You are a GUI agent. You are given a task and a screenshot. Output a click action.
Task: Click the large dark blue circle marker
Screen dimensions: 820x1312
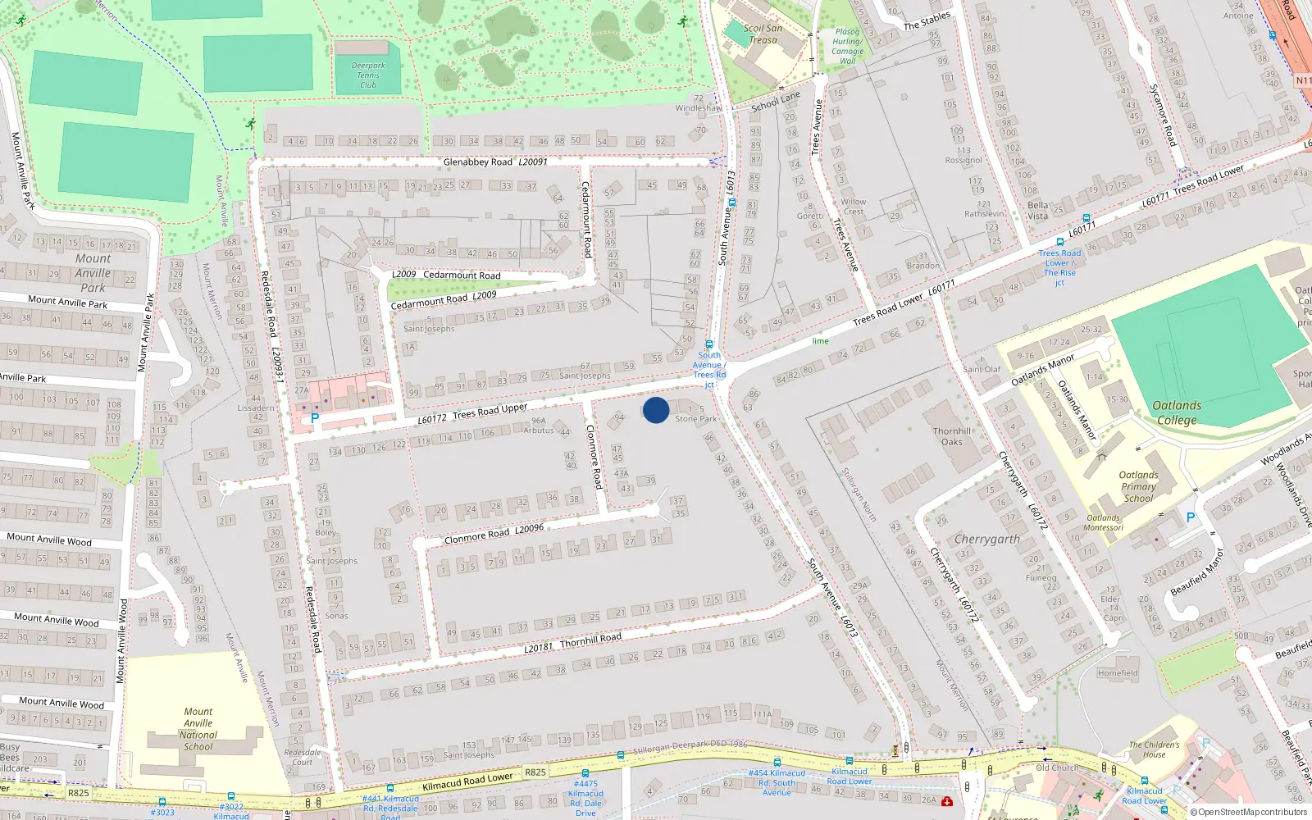pyautogui.click(x=656, y=410)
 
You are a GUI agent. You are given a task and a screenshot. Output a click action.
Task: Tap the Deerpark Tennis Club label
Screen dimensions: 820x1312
pyautogui.click(x=368, y=75)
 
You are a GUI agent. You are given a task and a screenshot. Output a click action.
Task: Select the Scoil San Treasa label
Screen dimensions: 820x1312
pyautogui.click(x=763, y=34)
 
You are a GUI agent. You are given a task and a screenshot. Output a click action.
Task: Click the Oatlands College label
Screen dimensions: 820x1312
pyautogui.click(x=1177, y=412)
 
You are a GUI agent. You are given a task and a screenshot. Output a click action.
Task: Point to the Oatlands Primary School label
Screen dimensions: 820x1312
pyautogui.click(x=1138, y=486)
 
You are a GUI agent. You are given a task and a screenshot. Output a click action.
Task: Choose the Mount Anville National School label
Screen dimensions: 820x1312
pyautogui.click(x=198, y=729)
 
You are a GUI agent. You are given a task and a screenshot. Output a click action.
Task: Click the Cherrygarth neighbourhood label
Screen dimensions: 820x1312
pyautogui.click(x=987, y=540)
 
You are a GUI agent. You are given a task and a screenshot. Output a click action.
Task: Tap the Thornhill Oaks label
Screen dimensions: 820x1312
pyautogui.click(x=951, y=436)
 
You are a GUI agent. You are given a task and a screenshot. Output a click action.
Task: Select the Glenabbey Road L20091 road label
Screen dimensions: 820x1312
pyautogui.click(x=495, y=162)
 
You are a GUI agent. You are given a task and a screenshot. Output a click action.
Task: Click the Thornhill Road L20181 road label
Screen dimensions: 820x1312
pyautogui.click(x=573, y=643)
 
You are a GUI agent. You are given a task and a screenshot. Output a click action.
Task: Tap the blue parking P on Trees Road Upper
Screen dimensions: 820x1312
pyautogui.click(x=314, y=418)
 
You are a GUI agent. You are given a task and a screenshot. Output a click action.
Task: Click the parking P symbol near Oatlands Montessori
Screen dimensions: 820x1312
pyautogui.click(x=1191, y=517)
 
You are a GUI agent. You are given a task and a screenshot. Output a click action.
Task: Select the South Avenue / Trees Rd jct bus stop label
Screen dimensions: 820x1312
pyautogui.click(x=708, y=369)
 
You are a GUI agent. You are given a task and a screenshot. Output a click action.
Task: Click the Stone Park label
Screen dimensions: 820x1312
pyautogui.click(x=695, y=419)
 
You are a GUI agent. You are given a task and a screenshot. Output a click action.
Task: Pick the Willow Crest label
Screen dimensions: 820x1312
pyautogui.click(x=853, y=207)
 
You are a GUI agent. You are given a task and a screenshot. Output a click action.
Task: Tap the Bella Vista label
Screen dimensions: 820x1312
pyautogui.click(x=1037, y=211)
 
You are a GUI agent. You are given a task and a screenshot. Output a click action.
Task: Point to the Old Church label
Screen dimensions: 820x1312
pyautogui.click(x=1057, y=768)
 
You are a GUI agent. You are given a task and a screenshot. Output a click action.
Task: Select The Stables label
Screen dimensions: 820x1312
pyautogui.click(x=927, y=20)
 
